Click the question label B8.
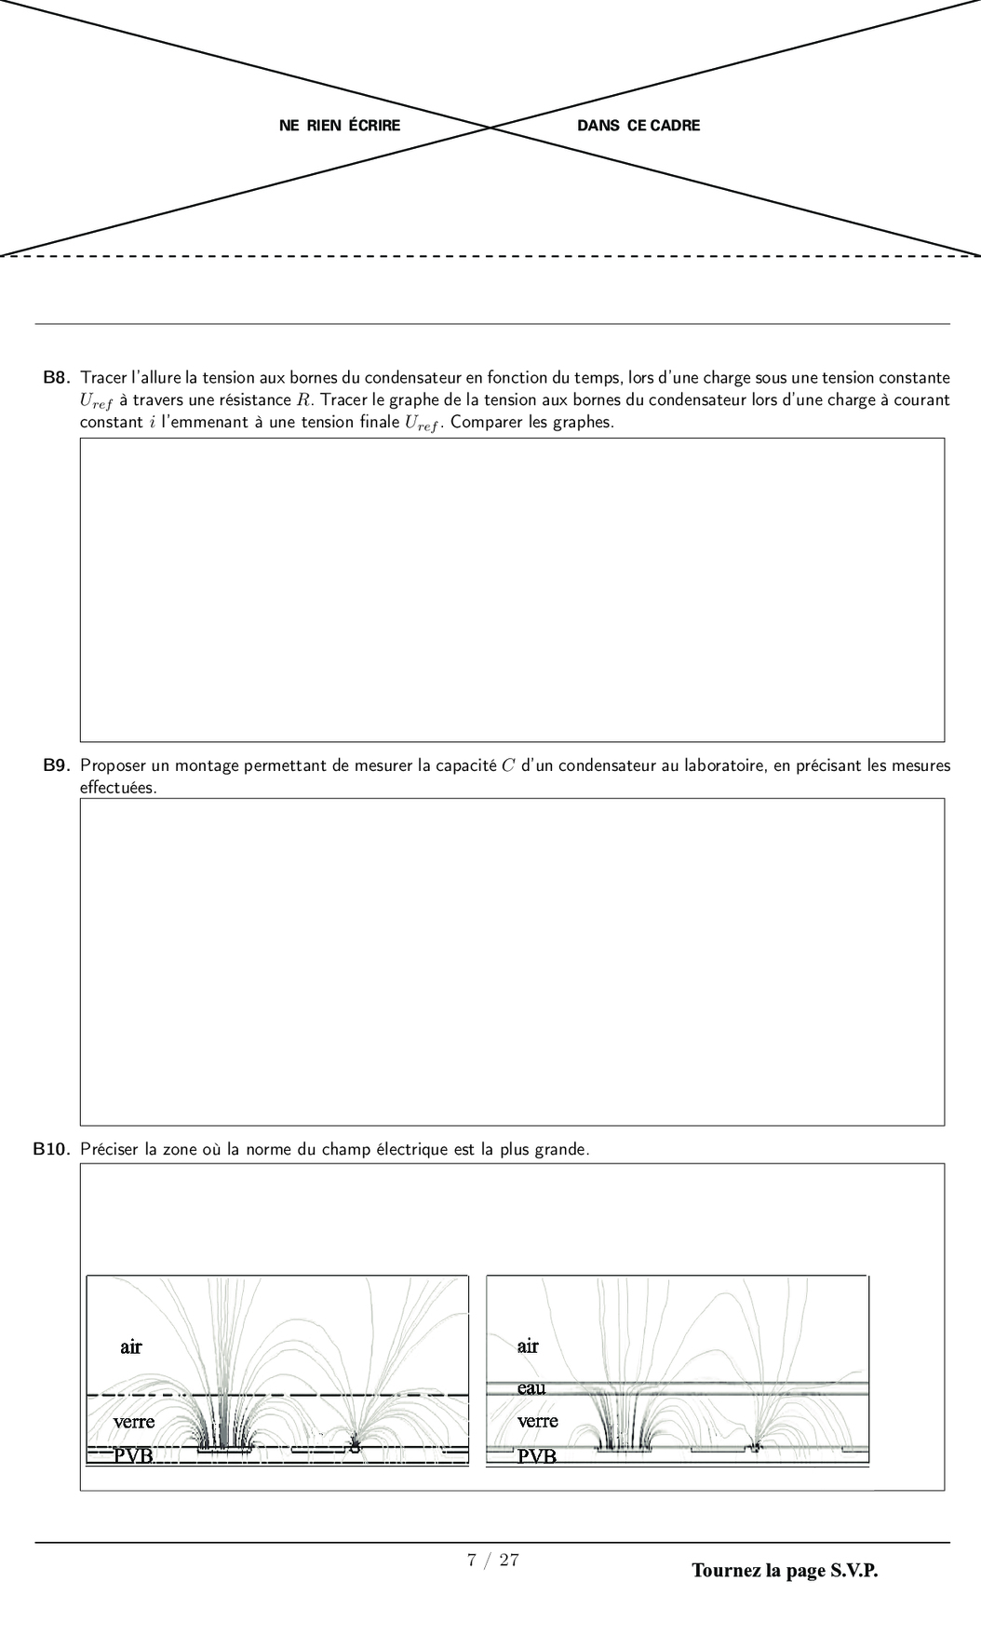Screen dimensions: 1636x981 pyautogui.click(x=57, y=378)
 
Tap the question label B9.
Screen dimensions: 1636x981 pyautogui.click(x=57, y=766)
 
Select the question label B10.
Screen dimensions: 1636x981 pyautogui.click(x=52, y=1150)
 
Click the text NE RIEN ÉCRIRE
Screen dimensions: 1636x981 pyautogui.click(x=340, y=126)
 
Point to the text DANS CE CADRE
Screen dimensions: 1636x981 pyautogui.click(x=638, y=126)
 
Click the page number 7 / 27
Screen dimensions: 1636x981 pyautogui.click(x=492, y=1560)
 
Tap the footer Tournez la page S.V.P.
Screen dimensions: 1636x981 pyautogui.click(x=785, y=1571)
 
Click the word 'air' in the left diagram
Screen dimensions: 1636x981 pyautogui.click(x=131, y=1346)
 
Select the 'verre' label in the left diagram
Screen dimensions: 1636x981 pyautogui.click(x=134, y=1422)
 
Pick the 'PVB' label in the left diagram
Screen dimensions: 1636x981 pyautogui.click(x=133, y=1454)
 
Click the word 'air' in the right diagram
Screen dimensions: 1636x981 pyautogui.click(x=528, y=1345)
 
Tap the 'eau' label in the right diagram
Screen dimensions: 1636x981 pyautogui.click(x=531, y=1387)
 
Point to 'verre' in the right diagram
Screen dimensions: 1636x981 pyautogui.click(x=538, y=1421)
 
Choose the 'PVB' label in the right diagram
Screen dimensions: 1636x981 pyautogui.click(x=537, y=1455)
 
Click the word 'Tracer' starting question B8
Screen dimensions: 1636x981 pyautogui.click(x=103, y=378)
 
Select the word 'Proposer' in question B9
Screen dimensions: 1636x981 pyautogui.click(x=113, y=766)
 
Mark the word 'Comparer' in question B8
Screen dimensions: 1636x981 pyautogui.click(x=482, y=423)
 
